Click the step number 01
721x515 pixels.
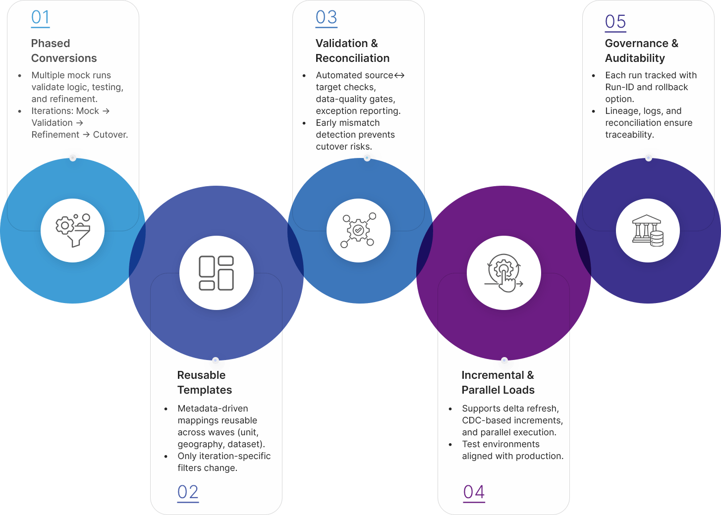coord(40,18)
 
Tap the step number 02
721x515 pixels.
coord(188,492)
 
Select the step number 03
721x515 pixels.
coord(326,18)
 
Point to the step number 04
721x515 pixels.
coord(474,492)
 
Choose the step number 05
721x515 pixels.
coord(615,22)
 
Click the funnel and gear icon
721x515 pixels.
coord(72,230)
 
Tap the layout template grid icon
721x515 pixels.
coord(216,273)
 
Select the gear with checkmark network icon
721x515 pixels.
coord(358,230)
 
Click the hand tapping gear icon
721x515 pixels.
coord(503,273)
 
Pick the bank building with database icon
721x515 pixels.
coord(647,230)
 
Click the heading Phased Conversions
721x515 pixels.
coord(64,51)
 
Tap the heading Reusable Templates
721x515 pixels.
coord(204,382)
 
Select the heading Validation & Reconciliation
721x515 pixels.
coord(352,51)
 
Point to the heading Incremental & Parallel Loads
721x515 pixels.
coord(498,382)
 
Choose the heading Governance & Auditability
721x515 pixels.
coord(641,51)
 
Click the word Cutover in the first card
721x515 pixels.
coord(110,135)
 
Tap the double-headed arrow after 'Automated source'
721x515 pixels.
coord(399,75)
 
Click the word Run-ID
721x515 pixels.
coord(619,87)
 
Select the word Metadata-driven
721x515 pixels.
coord(213,409)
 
